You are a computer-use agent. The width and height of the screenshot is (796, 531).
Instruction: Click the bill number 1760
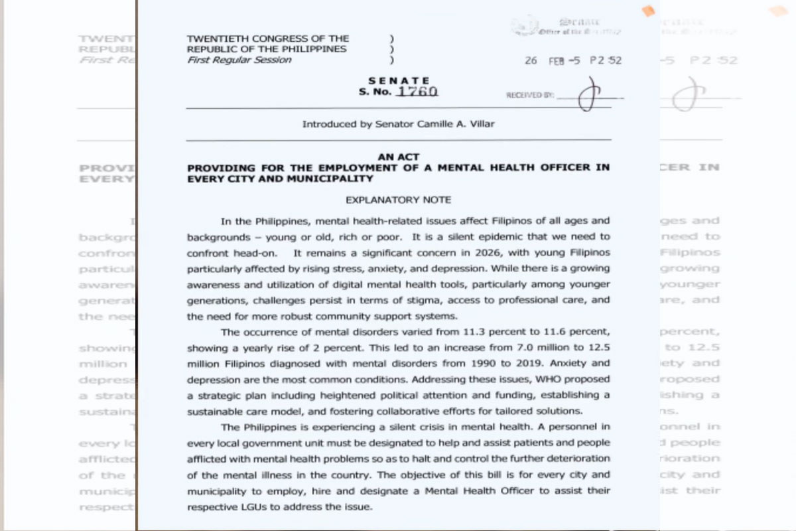click(x=417, y=92)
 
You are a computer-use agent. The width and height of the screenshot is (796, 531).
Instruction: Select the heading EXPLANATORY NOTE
click(x=398, y=199)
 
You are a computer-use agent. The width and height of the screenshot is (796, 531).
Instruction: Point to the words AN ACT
click(x=398, y=157)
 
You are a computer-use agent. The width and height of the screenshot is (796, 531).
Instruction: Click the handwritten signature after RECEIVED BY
click(x=586, y=96)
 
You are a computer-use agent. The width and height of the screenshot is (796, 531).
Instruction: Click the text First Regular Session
click(x=239, y=60)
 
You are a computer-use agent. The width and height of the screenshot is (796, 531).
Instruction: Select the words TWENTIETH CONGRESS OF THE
click(x=268, y=39)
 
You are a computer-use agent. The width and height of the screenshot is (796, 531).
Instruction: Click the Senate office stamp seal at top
click(x=525, y=25)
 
